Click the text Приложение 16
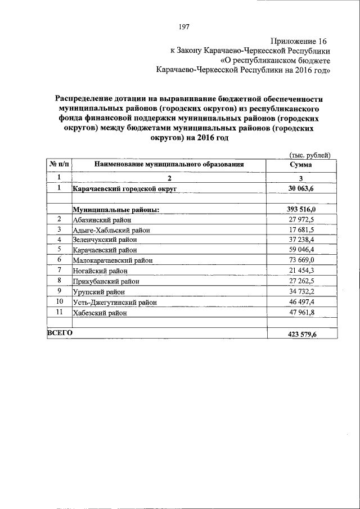click(298, 41)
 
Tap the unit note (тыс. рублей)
click(309, 155)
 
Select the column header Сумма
click(301, 165)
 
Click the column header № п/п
click(58, 165)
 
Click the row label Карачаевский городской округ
click(121, 189)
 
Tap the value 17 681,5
click(301, 229)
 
